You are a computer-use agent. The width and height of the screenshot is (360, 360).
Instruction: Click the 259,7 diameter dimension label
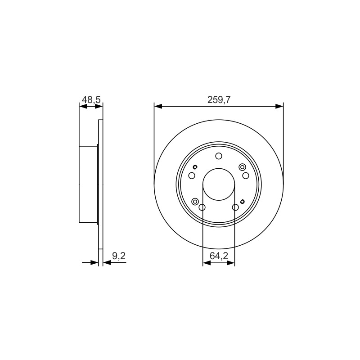tap(219, 100)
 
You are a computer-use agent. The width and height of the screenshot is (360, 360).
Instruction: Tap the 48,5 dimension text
tap(91, 100)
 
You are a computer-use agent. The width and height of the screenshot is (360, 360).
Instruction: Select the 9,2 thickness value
tap(119, 256)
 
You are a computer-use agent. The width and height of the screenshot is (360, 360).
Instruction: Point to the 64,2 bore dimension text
tap(219, 256)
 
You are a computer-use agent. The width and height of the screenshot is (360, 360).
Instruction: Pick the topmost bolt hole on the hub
tap(219, 156)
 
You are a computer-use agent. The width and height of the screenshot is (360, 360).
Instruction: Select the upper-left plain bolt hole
tap(192, 176)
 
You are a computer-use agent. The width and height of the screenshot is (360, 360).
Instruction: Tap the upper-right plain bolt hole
tap(246, 176)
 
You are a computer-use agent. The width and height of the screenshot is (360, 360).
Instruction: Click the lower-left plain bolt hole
tap(202, 207)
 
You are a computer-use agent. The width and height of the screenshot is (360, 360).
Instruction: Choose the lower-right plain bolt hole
tap(235, 207)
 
